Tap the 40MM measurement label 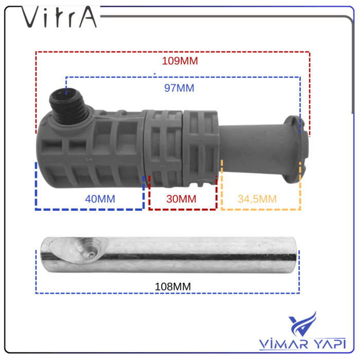point(100,199)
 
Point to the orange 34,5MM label point(257,199)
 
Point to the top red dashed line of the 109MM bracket point(172,52)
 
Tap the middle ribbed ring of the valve point(164,149)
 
